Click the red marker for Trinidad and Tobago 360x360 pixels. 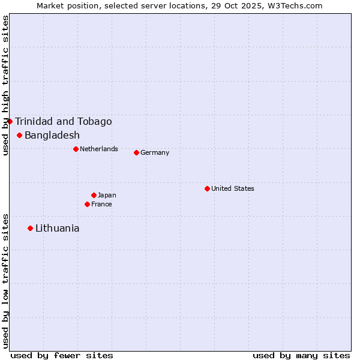click(x=10, y=121)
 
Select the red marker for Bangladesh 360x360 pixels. click(x=20, y=135)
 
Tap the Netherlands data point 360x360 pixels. click(x=76, y=149)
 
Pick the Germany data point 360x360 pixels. click(x=136, y=152)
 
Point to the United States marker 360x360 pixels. click(x=207, y=188)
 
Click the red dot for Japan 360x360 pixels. click(x=94, y=195)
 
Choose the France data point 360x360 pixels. click(x=87, y=204)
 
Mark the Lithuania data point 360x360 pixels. click(x=30, y=228)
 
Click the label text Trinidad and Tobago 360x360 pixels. click(x=63, y=122)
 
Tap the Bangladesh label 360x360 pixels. click(x=52, y=136)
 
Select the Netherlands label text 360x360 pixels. click(x=99, y=149)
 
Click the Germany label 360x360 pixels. click(x=155, y=152)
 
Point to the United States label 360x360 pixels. click(x=233, y=188)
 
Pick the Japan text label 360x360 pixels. click(x=107, y=195)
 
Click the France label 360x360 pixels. click(x=101, y=204)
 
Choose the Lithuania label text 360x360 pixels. click(x=57, y=229)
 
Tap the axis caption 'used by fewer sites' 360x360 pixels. click(x=62, y=355)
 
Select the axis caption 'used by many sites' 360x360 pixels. click(x=301, y=355)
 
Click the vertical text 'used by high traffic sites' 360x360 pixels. click(x=5, y=86)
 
